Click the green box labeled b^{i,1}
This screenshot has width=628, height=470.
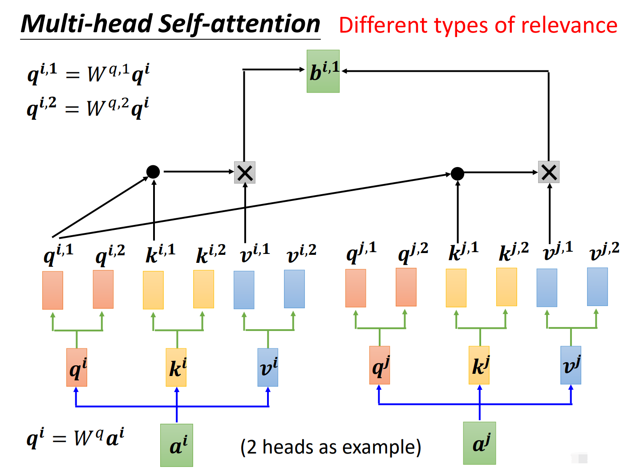click(323, 71)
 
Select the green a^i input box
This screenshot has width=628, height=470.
click(177, 445)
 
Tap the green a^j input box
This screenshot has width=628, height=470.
click(479, 443)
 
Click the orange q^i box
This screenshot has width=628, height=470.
click(77, 368)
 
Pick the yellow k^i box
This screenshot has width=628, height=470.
click(176, 368)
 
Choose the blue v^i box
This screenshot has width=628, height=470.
click(268, 368)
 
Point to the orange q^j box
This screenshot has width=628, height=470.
click(380, 365)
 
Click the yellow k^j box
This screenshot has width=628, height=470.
click(479, 365)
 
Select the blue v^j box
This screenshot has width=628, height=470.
click(571, 365)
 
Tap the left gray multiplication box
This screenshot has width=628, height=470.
click(245, 172)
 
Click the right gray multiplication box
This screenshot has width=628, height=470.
click(549, 172)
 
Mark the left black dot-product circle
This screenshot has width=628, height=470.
click(153, 172)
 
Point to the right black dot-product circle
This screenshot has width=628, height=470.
click(458, 173)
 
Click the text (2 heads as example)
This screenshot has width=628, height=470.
click(331, 447)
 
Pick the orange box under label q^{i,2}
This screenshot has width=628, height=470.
click(103, 289)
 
